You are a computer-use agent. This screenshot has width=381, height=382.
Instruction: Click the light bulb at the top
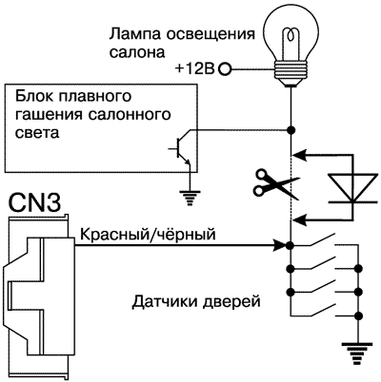coord(291,38)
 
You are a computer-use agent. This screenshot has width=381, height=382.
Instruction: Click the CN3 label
coord(35,201)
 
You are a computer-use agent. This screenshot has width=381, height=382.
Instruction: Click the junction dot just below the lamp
coord(291,128)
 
